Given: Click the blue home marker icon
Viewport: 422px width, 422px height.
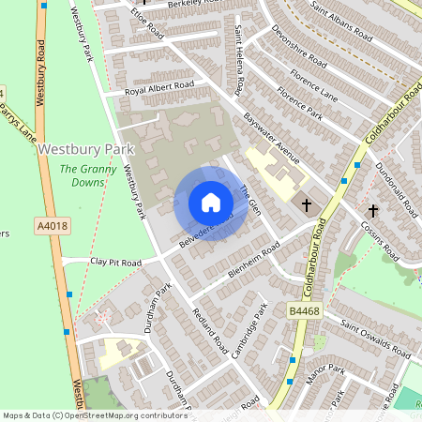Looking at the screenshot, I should coord(210,203).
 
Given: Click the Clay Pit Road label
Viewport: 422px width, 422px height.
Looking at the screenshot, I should coord(115,264).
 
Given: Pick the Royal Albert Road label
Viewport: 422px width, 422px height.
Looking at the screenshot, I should coord(160,87).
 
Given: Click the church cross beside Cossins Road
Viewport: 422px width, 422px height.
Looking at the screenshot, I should coord(372,212).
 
